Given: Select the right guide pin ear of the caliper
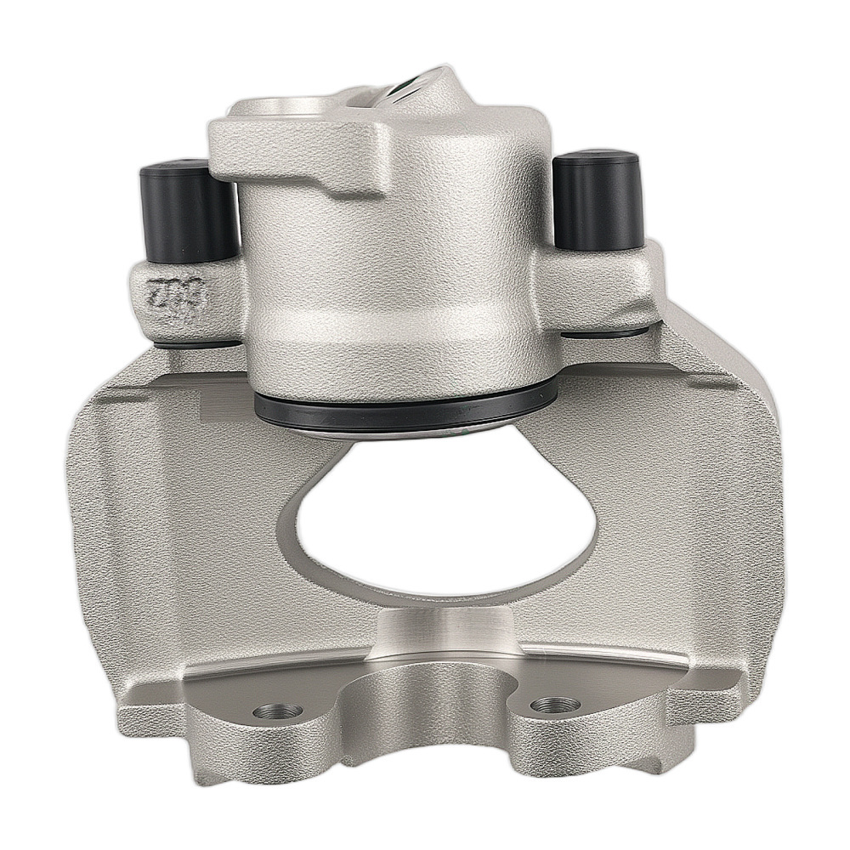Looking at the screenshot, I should pos(599,285).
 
